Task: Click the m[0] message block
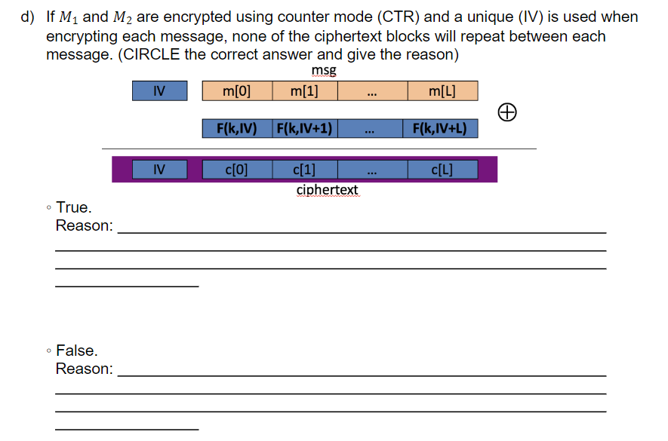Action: [236, 91]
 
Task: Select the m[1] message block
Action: [303, 91]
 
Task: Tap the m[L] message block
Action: [442, 91]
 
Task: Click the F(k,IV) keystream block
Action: [236, 128]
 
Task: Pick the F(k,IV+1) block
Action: [303, 128]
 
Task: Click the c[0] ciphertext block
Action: [236, 169]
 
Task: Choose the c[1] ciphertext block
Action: [303, 169]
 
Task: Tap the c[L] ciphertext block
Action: [442, 169]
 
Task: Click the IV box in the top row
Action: [159, 91]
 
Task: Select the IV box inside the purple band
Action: [159, 169]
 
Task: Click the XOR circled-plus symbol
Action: [507, 113]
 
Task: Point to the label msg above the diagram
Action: [323, 71]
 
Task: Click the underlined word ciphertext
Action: [328, 190]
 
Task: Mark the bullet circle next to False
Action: [48, 351]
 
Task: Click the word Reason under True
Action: [83, 225]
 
